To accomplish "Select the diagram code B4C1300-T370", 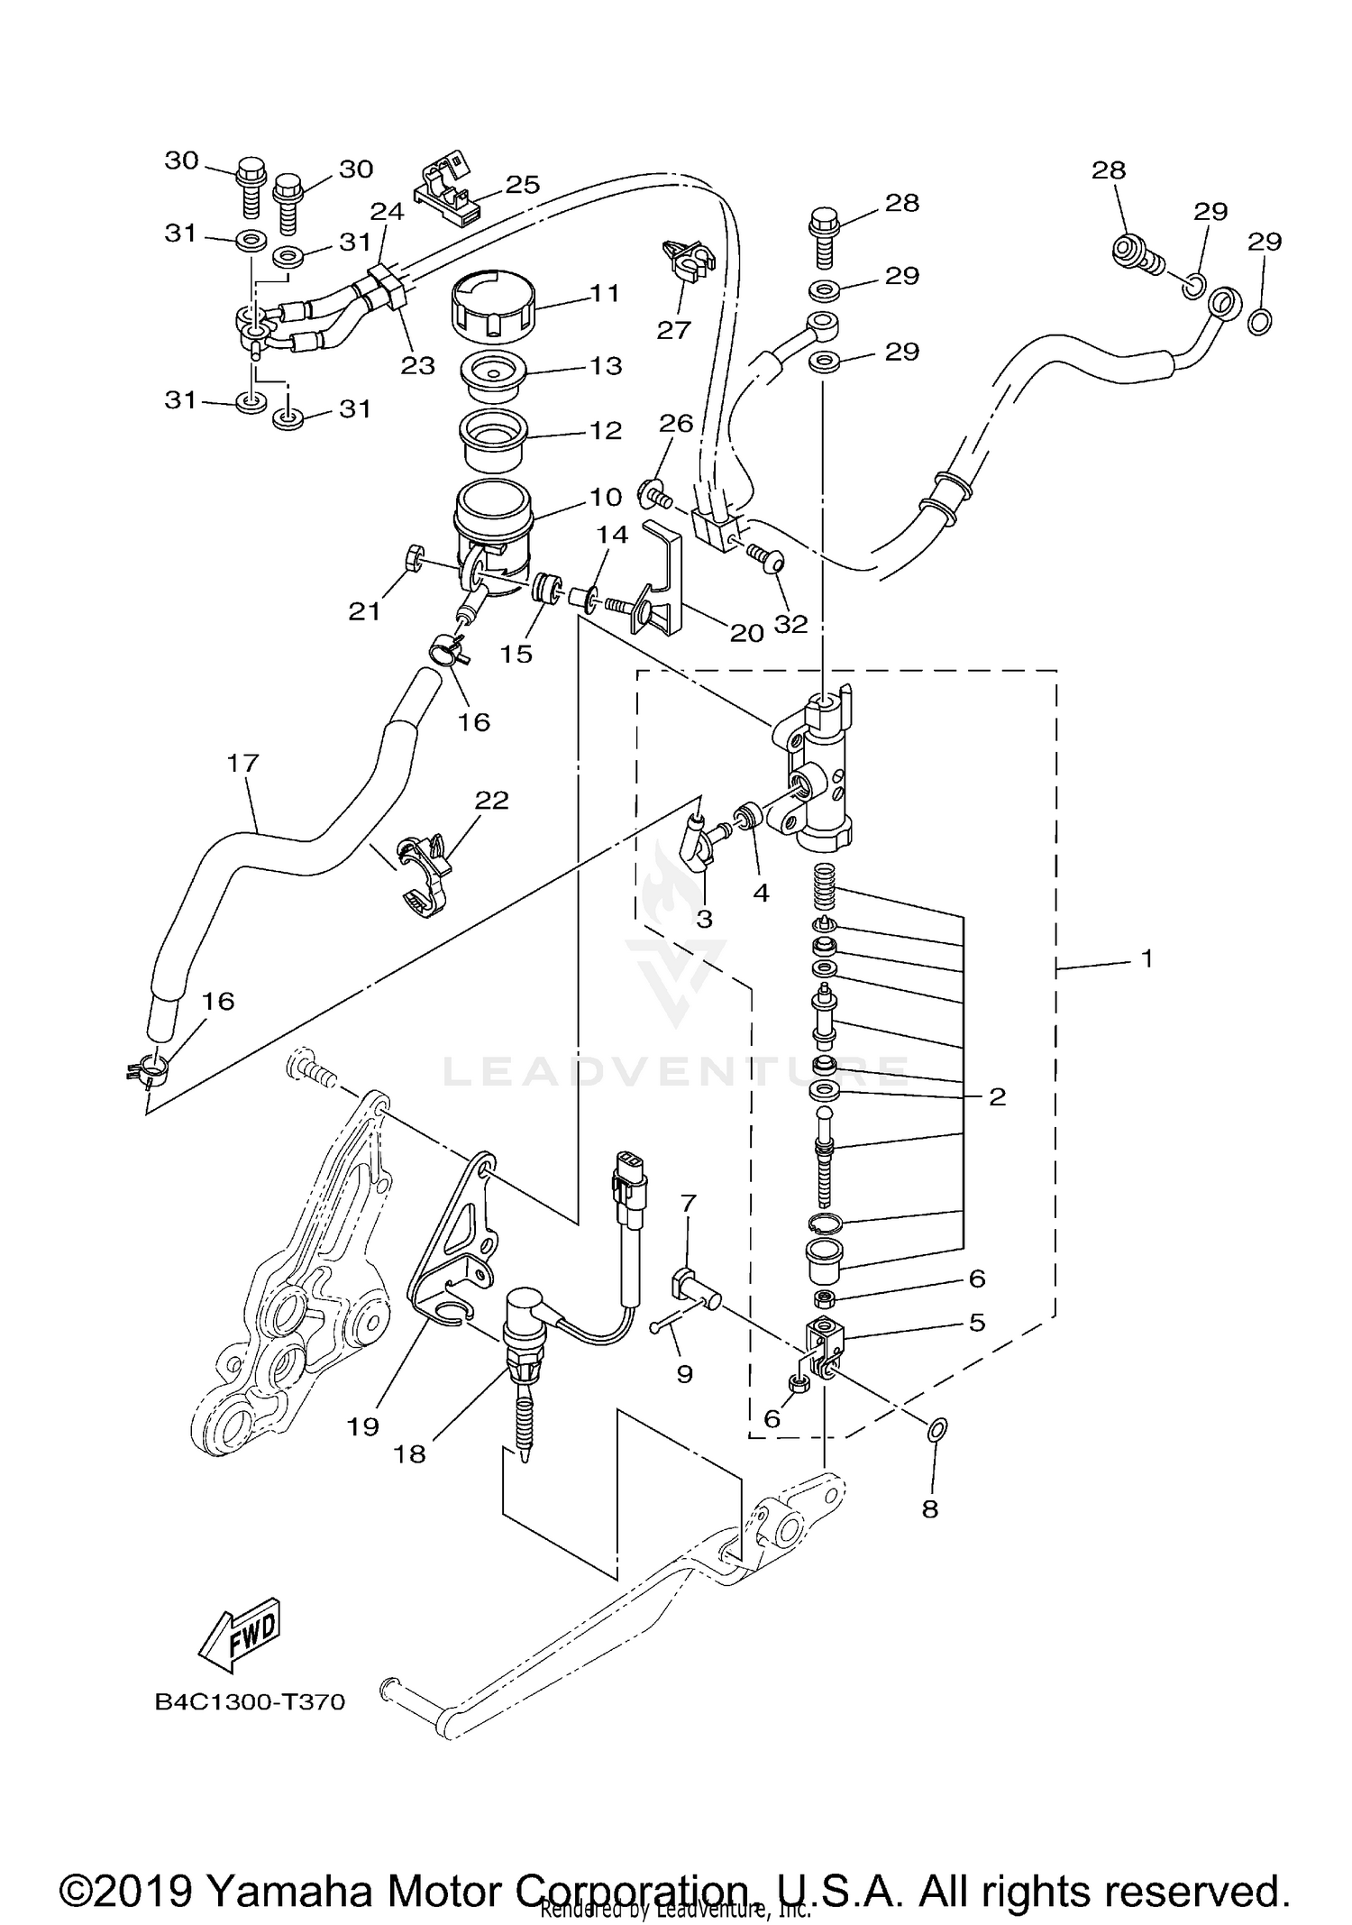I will point(250,1702).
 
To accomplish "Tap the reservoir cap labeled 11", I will point(491,305).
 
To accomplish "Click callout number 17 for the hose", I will point(242,764).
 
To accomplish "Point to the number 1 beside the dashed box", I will point(1146,959).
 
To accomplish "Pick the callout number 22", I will point(492,800).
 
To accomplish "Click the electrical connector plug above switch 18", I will point(628,1178).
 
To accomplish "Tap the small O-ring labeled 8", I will point(937,1427).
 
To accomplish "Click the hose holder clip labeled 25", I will point(448,193).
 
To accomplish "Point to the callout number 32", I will point(790,624).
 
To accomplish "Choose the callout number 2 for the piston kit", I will point(996,1097).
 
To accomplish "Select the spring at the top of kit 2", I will point(826,889).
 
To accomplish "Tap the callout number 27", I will point(672,330).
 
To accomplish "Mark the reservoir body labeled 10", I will point(494,536).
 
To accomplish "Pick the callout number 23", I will point(418,365).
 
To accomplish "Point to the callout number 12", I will point(605,430).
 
